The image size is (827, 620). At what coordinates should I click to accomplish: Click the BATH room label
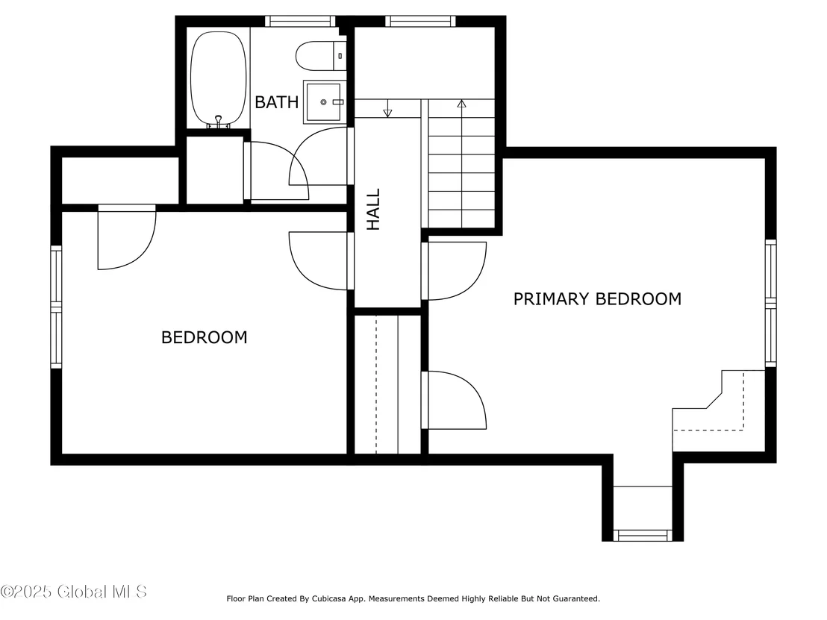276,101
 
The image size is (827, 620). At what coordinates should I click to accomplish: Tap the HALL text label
373,210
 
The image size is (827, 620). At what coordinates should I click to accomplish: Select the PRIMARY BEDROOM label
597,299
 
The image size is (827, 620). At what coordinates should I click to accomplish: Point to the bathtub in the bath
218,79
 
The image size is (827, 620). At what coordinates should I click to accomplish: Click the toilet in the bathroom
321,56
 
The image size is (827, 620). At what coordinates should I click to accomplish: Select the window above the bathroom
300,21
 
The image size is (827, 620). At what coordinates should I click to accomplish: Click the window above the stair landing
420,21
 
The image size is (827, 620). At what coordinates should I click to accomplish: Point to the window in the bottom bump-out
643,536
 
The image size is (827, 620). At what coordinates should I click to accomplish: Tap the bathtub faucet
219,122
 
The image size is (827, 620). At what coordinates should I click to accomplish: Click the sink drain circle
323,102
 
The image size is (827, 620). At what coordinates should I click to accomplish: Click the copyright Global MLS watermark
74,592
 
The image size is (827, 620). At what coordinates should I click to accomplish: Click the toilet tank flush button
340,56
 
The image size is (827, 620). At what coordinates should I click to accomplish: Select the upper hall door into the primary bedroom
454,271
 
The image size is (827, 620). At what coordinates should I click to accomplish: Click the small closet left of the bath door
215,170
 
